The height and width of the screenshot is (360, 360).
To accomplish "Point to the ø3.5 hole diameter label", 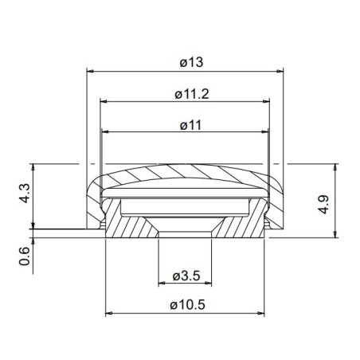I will tap(185, 276).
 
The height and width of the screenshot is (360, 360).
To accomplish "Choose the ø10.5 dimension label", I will tap(185, 304).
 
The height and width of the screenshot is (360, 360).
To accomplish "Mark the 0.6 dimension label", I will tap(24, 256).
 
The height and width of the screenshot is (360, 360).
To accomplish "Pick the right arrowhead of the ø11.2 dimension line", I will tap(267, 102).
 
